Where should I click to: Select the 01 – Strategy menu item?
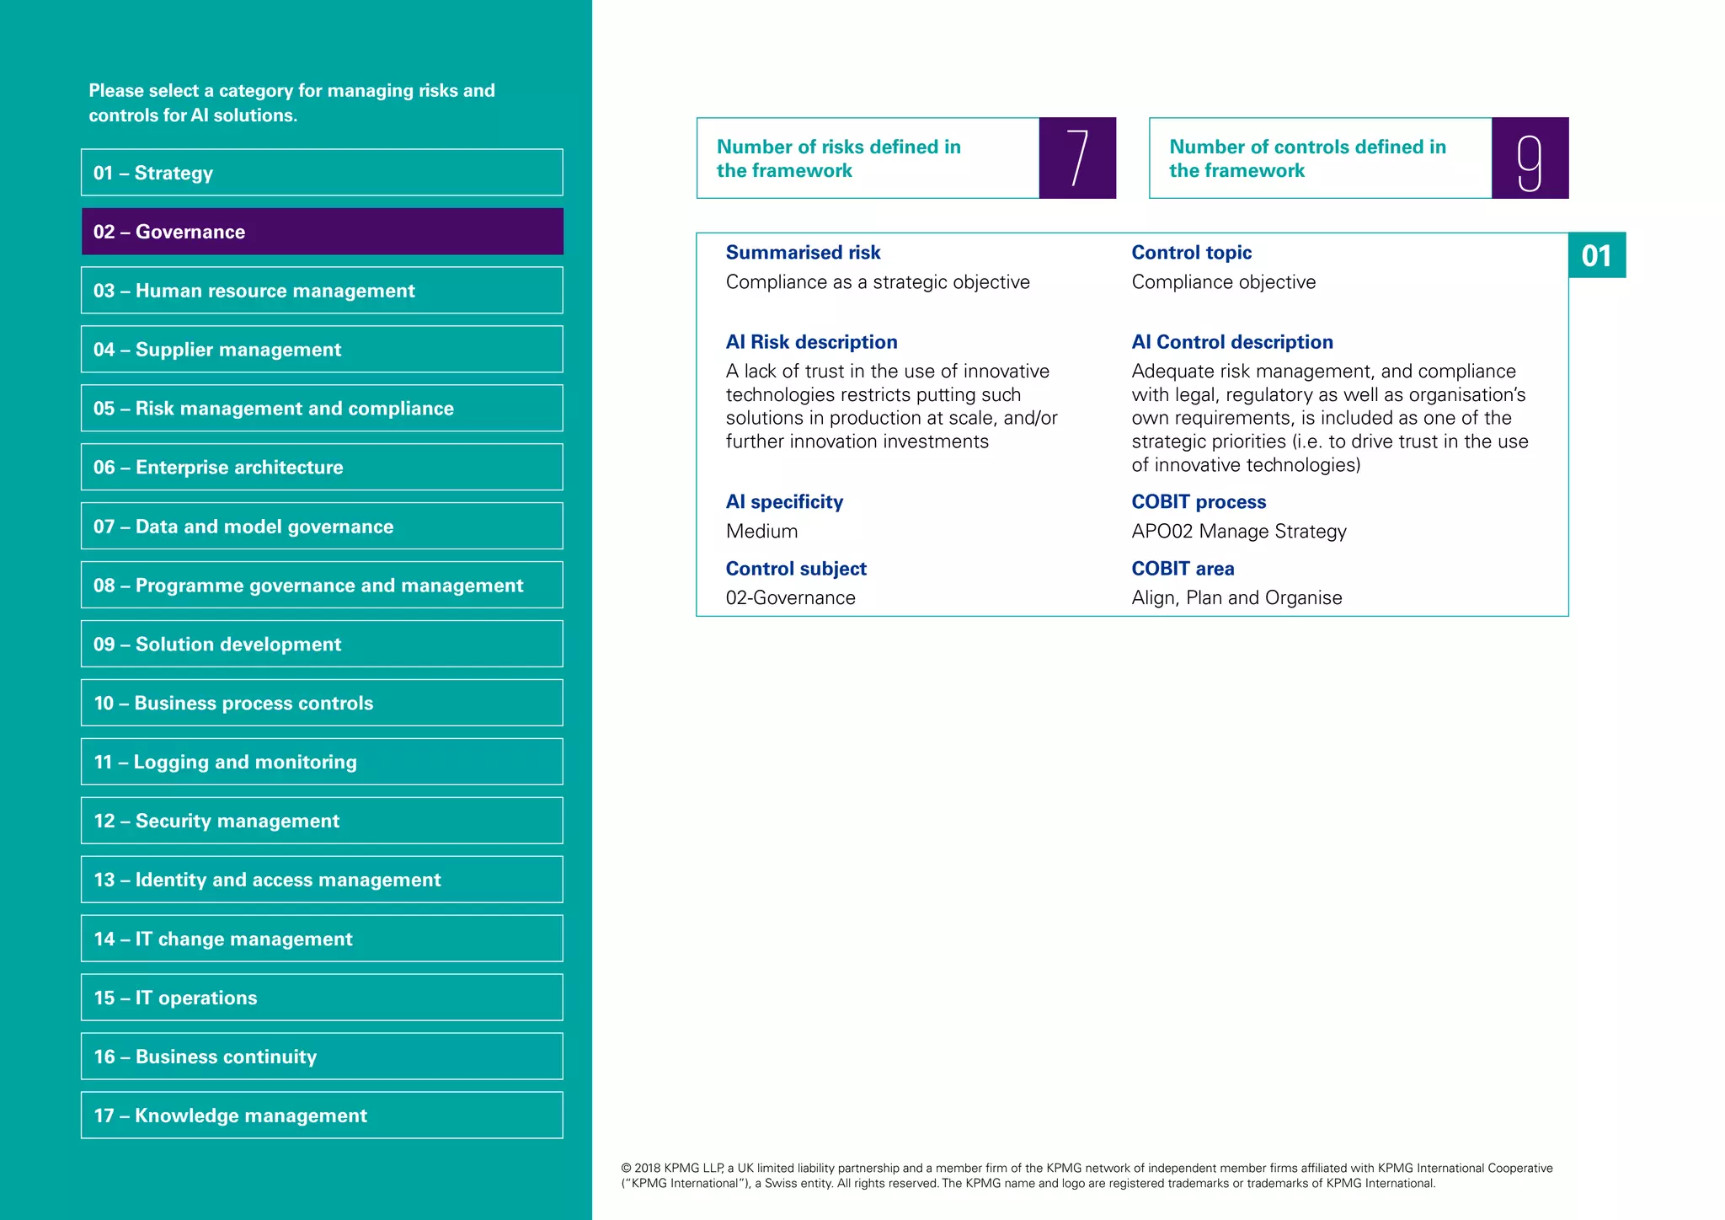click(x=322, y=173)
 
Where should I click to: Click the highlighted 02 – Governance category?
click(x=322, y=232)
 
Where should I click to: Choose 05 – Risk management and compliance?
click(x=322, y=409)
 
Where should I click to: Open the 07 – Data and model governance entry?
click(x=322, y=527)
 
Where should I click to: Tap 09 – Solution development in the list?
click(x=322, y=645)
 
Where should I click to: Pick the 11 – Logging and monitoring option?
click(x=322, y=762)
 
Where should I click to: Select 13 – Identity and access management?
click(x=322, y=880)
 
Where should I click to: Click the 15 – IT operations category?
click(x=322, y=998)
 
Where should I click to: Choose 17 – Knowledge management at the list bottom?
click(x=322, y=1116)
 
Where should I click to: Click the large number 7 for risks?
click(x=1077, y=158)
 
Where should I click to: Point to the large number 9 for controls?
click(x=1530, y=158)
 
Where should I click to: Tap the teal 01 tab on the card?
click(x=1596, y=255)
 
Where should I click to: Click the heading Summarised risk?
click(x=803, y=253)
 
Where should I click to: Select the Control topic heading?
click(x=1191, y=253)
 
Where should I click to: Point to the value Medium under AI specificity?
click(x=761, y=532)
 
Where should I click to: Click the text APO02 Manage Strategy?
click(x=1238, y=532)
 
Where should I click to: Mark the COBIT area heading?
click(x=1183, y=569)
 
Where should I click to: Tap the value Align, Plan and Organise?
click(x=1236, y=598)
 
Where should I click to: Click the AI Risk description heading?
click(x=811, y=342)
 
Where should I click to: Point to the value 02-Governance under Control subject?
click(x=790, y=598)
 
